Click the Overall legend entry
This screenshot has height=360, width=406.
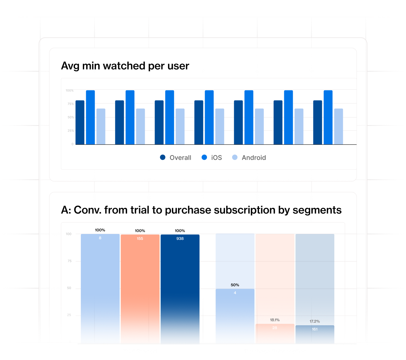point(176,157)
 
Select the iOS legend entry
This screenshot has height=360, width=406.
point(212,157)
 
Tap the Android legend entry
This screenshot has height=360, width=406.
point(249,157)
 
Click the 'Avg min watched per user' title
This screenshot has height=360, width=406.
point(125,66)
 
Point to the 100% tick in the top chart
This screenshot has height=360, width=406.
point(69,90)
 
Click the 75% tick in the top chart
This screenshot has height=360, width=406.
point(70,104)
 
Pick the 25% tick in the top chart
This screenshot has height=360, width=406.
point(70,131)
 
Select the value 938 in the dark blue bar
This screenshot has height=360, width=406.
point(180,239)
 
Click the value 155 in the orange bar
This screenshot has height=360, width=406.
point(140,239)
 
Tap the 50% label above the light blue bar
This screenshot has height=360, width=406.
point(235,285)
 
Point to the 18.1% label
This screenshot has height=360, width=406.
point(275,320)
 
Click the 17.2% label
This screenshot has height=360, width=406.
point(315,321)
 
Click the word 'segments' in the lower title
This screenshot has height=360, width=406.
point(317,210)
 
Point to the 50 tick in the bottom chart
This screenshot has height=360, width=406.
point(69,288)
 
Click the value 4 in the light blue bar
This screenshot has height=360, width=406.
point(235,293)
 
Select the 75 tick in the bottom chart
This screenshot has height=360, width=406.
point(69,261)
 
